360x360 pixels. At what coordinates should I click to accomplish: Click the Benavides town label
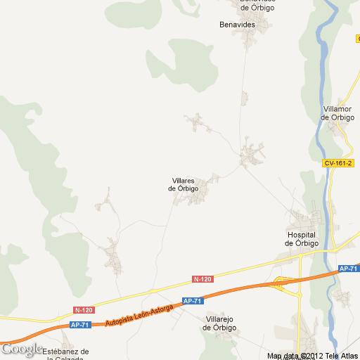pos(237,24)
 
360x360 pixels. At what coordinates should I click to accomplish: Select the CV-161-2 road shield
pos(338,163)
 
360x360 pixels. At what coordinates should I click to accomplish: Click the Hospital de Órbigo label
pos(302,238)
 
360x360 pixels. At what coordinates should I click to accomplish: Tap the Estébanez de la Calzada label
pos(65,354)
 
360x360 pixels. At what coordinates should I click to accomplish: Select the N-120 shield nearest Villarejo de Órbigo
pos(202,279)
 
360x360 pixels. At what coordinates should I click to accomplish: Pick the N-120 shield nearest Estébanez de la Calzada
pos(83,309)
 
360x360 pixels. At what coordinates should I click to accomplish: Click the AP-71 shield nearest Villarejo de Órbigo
pos(193,301)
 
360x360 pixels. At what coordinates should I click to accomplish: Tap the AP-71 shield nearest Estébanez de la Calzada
pos(79,325)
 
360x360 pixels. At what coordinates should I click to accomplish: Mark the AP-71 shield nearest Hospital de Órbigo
pos(348,269)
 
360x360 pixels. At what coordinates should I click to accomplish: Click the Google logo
pos(21,349)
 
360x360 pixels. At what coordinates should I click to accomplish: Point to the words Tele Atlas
pos(343,356)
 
